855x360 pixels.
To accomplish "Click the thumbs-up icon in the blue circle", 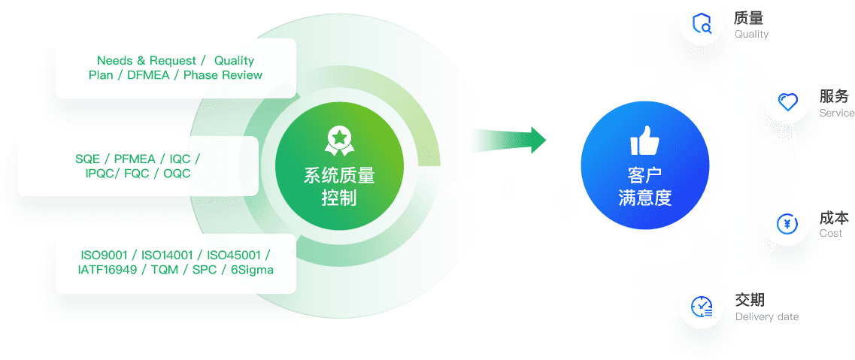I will (644, 141).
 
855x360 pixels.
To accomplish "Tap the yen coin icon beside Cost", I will (787, 223).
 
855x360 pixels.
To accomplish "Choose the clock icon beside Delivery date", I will (702, 306).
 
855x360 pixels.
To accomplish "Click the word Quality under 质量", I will (751, 34).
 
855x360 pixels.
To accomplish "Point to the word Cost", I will (830, 234).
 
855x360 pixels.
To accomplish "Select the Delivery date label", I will (766, 316).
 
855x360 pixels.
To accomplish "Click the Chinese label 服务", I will (834, 97).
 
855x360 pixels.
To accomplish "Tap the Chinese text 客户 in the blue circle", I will (644, 176).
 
